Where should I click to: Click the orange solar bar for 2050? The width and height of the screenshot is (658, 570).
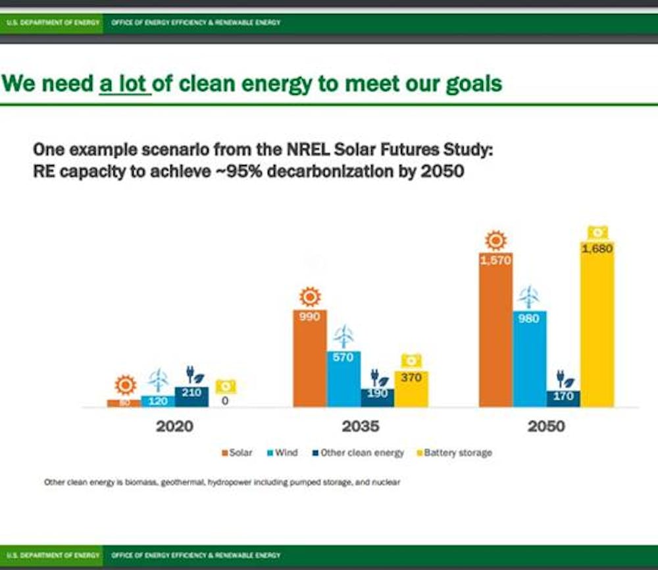(495, 329)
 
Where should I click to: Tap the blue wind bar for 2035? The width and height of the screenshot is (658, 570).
(343, 379)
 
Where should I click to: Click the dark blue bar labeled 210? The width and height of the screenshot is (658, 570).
(191, 397)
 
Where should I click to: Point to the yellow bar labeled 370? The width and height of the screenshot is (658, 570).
(411, 389)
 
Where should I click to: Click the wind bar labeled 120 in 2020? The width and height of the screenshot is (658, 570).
(158, 401)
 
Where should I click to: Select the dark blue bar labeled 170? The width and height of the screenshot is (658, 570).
(563, 399)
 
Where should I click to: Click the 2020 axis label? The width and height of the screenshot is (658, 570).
(174, 426)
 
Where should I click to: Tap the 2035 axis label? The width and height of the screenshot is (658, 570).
(361, 426)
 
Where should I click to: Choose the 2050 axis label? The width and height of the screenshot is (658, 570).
(546, 426)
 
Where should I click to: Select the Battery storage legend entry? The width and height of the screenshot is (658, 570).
(454, 453)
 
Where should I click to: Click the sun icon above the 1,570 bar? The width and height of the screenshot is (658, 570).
(495, 241)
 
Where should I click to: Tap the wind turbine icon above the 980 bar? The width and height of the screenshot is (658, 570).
(529, 297)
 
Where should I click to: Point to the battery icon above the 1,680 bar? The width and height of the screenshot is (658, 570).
(597, 232)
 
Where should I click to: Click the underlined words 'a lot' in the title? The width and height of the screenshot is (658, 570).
(125, 84)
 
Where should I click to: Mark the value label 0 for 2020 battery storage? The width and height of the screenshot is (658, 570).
(225, 400)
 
